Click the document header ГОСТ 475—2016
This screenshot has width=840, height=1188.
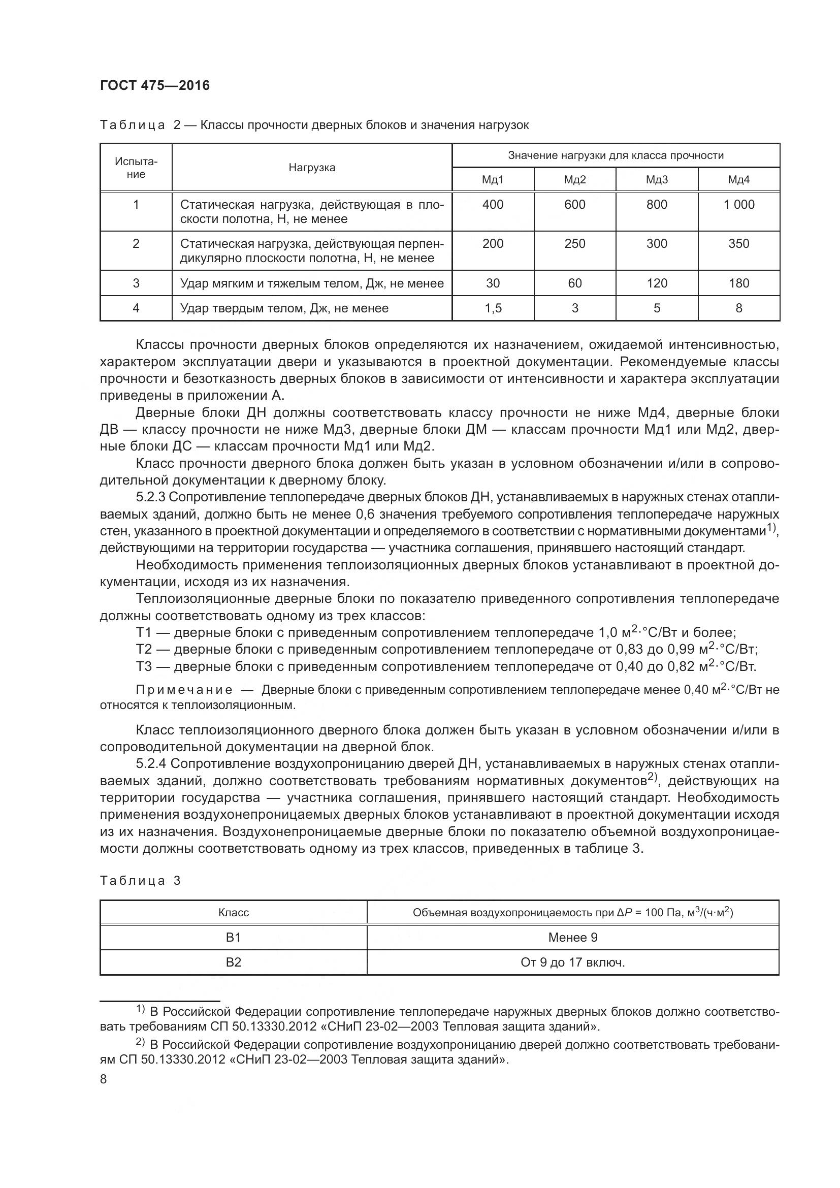[155, 85]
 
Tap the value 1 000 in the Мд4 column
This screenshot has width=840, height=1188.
[738, 204]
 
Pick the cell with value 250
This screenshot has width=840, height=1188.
[575, 244]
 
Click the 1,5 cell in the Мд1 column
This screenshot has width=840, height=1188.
[493, 308]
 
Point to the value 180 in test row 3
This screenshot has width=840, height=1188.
[738, 283]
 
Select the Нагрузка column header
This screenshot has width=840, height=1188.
[311, 168]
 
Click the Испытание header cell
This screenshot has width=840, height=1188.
[136, 168]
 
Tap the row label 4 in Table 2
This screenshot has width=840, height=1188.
[136, 308]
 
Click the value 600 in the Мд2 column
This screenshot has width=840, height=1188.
[575, 204]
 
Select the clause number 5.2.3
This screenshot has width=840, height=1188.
[150, 497]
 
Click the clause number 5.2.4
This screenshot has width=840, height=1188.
[150, 764]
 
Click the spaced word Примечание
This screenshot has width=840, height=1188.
[184, 690]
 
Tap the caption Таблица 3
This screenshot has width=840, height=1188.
[140, 881]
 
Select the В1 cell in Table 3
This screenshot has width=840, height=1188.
[233, 938]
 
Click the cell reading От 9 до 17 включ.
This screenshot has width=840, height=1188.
[572, 962]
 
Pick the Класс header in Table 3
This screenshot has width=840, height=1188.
[233, 913]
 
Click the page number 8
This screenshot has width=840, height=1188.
[104, 1080]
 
